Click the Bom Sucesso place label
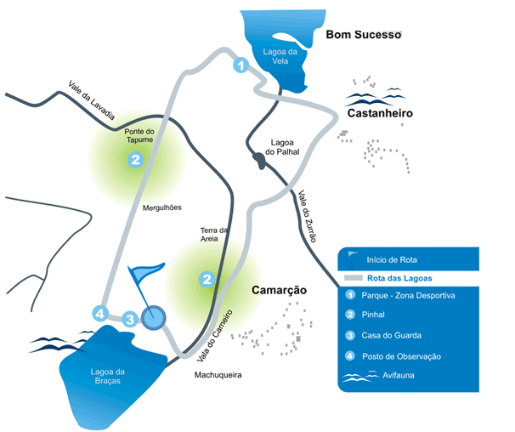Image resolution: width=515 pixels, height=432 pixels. [364, 35]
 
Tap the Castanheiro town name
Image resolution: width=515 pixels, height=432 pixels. [380, 113]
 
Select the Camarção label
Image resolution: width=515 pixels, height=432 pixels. [280, 290]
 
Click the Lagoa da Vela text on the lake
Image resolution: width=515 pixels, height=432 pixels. [280, 56]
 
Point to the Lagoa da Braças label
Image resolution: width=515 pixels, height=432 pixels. [108, 376]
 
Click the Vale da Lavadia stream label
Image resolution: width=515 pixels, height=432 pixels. [92, 100]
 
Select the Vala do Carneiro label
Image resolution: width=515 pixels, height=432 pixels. [214, 336]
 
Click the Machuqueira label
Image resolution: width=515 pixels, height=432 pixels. [218, 375]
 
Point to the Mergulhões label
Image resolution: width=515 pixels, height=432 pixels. [162, 207]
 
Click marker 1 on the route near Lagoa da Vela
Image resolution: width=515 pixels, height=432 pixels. [241, 65]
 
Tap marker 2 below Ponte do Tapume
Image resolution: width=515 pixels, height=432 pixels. [135, 160]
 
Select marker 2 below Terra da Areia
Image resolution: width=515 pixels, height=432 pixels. [207, 280]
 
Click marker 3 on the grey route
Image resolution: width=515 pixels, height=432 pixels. [130, 319]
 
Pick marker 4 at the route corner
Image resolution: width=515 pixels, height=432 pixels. [99, 313]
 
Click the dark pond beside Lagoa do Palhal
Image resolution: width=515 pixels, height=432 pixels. [259, 161]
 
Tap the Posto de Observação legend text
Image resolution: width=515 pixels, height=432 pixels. [401, 356]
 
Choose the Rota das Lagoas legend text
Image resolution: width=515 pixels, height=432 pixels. [399, 278]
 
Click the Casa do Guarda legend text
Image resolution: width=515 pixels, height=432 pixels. [392, 335]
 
